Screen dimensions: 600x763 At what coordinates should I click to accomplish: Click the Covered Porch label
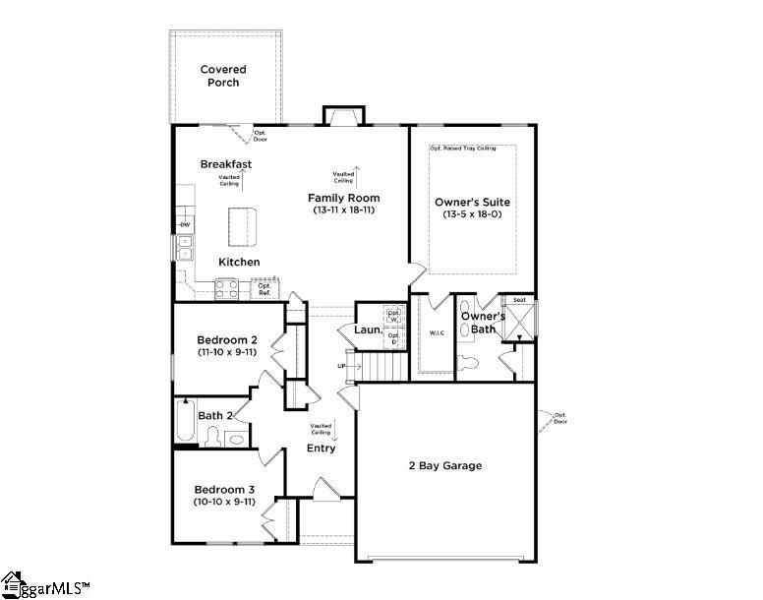click(223, 76)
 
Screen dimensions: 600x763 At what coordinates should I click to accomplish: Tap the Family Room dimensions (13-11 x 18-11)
click(343, 210)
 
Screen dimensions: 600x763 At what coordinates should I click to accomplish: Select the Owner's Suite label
click(472, 203)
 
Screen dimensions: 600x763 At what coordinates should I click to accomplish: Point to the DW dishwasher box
click(184, 226)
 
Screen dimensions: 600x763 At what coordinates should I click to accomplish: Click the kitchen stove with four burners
click(225, 289)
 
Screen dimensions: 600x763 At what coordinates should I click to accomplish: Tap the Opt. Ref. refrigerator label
click(264, 289)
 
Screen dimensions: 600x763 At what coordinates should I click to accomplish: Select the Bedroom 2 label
click(225, 340)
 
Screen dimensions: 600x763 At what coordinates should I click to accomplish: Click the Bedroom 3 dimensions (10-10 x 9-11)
click(224, 502)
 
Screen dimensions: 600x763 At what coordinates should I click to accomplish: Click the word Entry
click(321, 449)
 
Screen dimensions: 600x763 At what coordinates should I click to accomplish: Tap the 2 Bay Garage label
click(444, 465)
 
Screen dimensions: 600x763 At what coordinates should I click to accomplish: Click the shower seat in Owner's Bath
click(519, 300)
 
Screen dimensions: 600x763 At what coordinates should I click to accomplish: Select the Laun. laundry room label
click(368, 330)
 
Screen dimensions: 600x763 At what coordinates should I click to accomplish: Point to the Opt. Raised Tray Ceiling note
click(472, 149)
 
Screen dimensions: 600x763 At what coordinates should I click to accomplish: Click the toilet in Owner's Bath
click(469, 363)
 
